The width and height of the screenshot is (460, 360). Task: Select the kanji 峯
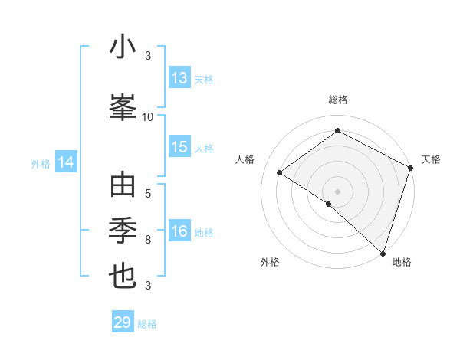tap(123, 106)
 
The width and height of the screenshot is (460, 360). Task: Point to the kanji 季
tap(123, 231)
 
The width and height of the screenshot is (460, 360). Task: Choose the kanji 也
tap(123, 275)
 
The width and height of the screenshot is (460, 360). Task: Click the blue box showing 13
tap(179, 78)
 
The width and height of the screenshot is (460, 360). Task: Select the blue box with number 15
tap(179, 148)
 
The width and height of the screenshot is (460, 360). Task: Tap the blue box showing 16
tap(179, 232)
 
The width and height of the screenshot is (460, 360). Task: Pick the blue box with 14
tap(66, 162)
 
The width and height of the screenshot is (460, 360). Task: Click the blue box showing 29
tap(123, 322)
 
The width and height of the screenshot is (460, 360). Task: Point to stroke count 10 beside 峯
tap(148, 117)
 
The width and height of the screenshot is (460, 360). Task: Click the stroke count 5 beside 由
tap(148, 193)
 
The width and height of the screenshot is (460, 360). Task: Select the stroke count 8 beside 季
tap(148, 240)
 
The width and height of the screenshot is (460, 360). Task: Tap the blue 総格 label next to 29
tap(147, 324)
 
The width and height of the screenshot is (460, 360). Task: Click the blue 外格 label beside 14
tap(40, 163)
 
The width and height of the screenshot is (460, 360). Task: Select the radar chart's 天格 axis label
tap(431, 159)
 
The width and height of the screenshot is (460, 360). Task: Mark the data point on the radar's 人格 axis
tap(280, 172)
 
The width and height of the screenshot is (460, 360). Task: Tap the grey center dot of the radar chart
tap(337, 191)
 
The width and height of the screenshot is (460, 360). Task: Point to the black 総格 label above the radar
tap(337, 100)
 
